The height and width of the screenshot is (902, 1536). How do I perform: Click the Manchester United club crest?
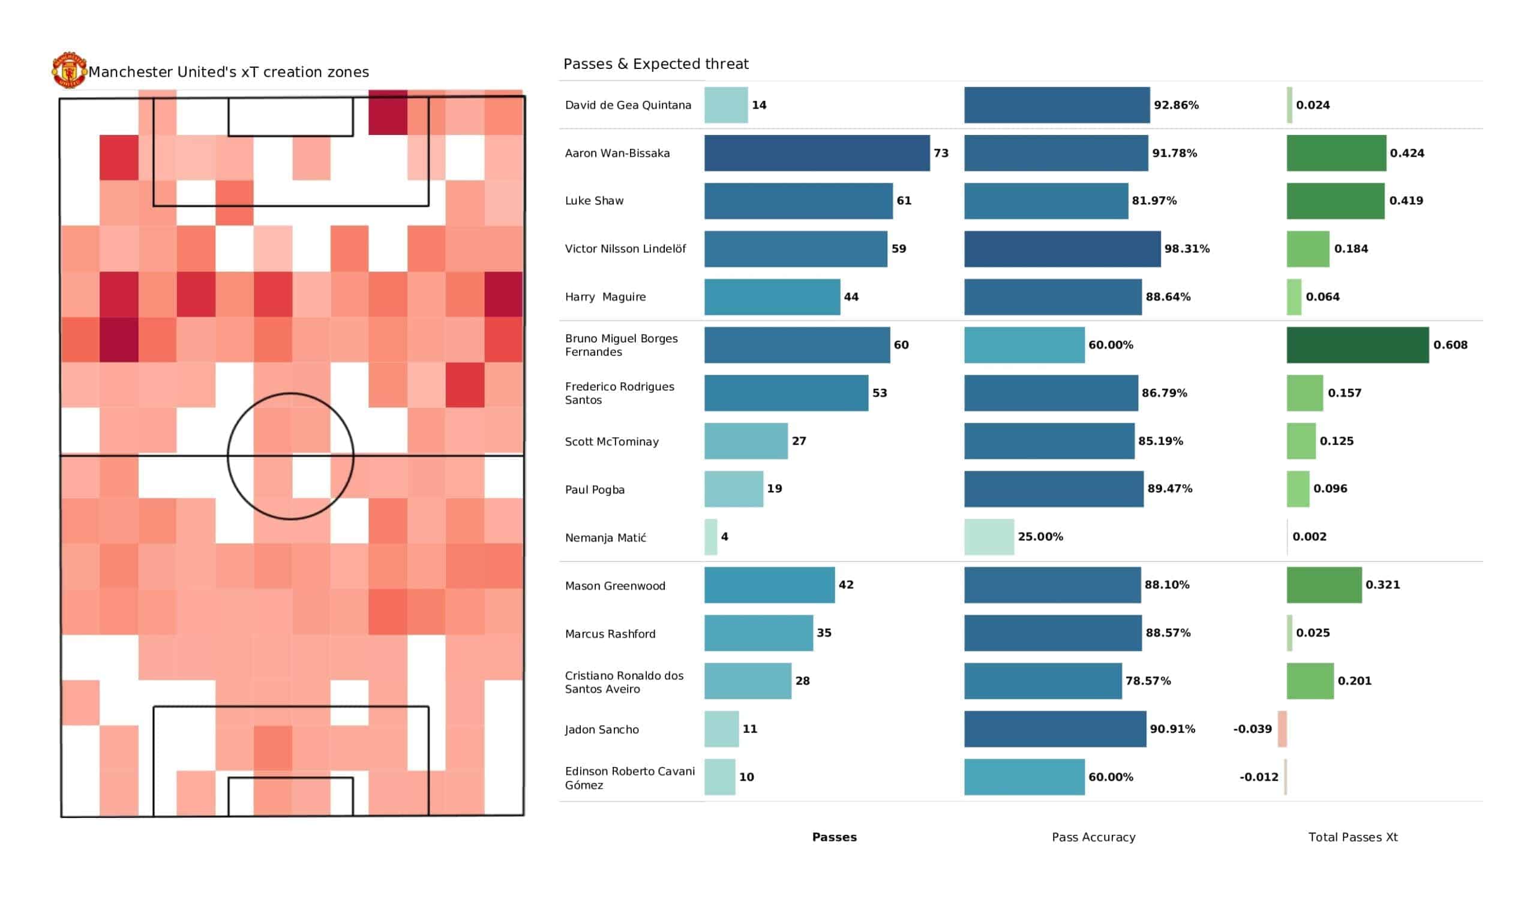point(69,70)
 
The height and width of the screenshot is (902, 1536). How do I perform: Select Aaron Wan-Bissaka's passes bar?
point(817,153)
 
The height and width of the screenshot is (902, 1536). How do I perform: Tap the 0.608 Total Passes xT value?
point(1450,345)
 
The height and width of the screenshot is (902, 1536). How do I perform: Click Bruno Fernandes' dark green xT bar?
point(1357,345)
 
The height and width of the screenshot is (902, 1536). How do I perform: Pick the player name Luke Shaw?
point(593,201)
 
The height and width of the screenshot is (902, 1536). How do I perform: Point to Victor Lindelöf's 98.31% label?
point(1187,249)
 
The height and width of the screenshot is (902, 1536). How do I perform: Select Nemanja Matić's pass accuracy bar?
point(989,537)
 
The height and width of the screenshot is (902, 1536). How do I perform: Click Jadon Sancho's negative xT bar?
point(1282,729)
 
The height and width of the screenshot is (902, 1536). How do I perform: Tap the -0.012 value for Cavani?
point(1259,777)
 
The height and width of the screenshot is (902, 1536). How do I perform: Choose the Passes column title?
point(834,837)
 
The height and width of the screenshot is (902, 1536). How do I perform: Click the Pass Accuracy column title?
point(1093,837)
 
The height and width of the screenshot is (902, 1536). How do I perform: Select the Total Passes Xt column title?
point(1352,837)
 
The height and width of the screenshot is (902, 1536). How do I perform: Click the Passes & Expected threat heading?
point(656,64)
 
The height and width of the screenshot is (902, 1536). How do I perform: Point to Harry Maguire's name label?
point(605,297)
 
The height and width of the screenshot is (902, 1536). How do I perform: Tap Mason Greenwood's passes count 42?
point(846,585)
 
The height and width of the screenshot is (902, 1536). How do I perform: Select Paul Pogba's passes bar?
point(733,489)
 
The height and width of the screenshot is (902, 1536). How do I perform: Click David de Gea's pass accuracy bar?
point(1057,105)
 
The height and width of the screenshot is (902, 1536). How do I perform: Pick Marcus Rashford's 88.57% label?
point(1168,633)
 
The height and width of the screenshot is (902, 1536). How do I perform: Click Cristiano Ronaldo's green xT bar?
point(1310,681)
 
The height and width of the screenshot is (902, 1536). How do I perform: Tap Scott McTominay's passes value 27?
point(799,441)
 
